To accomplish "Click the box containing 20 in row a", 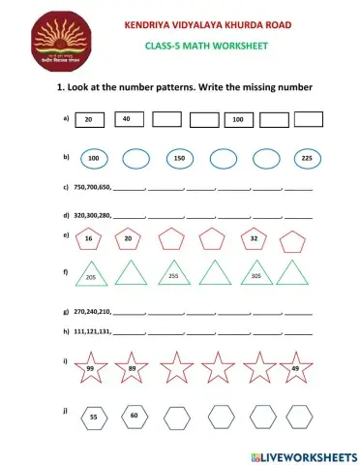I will click(x=89, y=120).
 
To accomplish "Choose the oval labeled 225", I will click(x=306, y=158).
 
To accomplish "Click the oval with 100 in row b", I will click(x=94, y=158).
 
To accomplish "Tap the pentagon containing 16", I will click(x=88, y=238).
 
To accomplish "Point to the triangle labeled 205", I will click(x=90, y=274).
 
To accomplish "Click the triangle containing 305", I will click(x=256, y=274).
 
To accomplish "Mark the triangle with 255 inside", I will click(x=173, y=274).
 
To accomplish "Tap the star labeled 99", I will click(x=90, y=368).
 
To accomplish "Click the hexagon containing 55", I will click(x=93, y=416).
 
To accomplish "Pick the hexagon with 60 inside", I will click(x=134, y=416).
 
